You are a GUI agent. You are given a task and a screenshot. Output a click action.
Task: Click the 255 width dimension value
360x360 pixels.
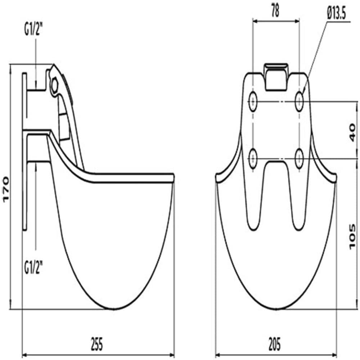[96, 344]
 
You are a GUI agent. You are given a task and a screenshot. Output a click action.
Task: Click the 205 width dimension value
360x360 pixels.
[274, 344]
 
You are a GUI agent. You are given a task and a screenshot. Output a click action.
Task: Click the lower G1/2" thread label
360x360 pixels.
[33, 268]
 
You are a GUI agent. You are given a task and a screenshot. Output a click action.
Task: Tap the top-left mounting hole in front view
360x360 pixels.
[253, 102]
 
